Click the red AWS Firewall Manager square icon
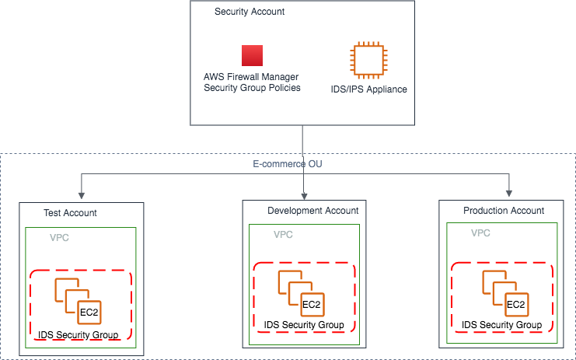click(x=252, y=55)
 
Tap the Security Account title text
click(x=250, y=12)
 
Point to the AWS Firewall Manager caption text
click(x=252, y=82)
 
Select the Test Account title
click(x=71, y=213)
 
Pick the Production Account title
click(x=504, y=211)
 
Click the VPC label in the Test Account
click(x=60, y=237)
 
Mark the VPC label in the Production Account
click(x=481, y=233)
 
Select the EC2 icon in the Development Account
click(x=302, y=293)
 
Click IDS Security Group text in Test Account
click(x=79, y=335)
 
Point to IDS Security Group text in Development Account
click(x=304, y=324)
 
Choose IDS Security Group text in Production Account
click(x=501, y=324)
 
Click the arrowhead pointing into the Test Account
click(x=80, y=194)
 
